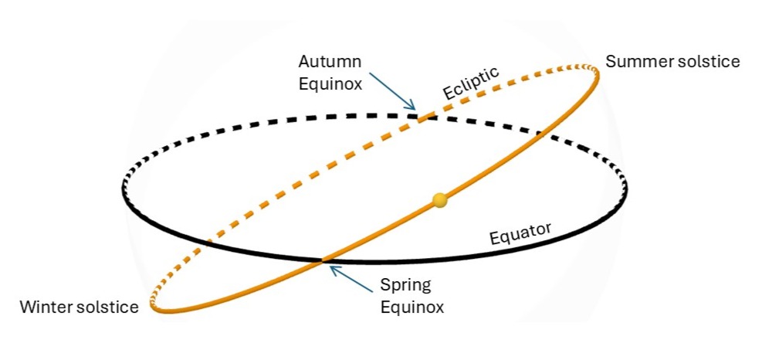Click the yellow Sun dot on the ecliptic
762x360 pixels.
[439, 201]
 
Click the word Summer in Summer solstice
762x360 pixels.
[633, 61]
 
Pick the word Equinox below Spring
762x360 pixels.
[412, 307]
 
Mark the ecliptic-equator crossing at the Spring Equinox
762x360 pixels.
[323, 260]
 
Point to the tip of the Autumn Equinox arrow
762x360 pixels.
[415, 110]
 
